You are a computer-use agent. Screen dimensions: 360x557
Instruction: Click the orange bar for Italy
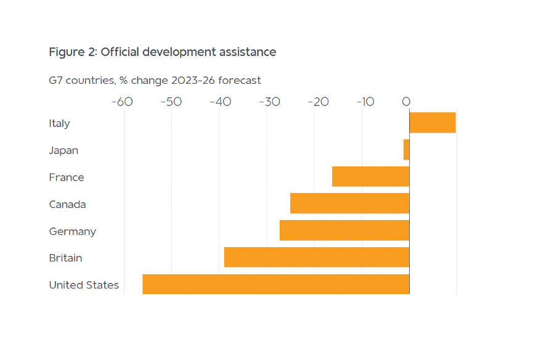pos(433,123)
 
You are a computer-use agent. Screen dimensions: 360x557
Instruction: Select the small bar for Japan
pos(407,150)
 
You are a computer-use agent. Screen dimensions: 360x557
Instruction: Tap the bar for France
pos(370,177)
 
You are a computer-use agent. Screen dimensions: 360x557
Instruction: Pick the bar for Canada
pos(349,203)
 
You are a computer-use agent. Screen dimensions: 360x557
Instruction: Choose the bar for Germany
pos(344,231)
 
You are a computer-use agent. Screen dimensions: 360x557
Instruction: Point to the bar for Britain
pos(317,258)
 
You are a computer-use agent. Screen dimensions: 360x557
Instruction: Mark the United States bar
pos(275,284)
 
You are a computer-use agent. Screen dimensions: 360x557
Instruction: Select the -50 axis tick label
pos(171,102)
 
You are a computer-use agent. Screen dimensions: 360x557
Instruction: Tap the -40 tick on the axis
pos(220,102)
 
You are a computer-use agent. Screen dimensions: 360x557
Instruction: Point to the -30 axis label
pos(269,102)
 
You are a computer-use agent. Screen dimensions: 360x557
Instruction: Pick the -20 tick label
pos(318,102)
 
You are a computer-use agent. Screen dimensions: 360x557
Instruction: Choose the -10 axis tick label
pos(365,102)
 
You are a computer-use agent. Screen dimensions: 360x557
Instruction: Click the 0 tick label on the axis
pos(406,102)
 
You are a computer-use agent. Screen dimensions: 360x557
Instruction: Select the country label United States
pos(84,285)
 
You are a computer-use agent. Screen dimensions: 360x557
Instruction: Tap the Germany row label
pos(73,231)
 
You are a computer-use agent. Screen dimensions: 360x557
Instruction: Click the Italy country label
pos(60,123)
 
